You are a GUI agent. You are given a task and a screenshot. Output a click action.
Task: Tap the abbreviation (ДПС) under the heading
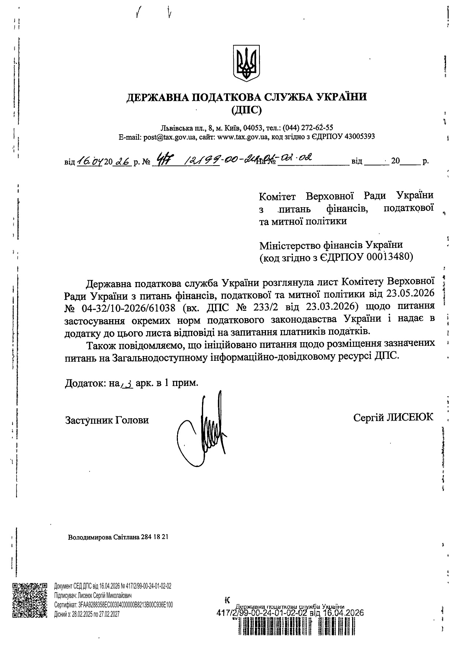[247, 109]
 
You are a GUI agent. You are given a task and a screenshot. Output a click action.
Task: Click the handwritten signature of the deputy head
[205, 430]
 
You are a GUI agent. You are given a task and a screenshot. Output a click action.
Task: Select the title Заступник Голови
[107, 420]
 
